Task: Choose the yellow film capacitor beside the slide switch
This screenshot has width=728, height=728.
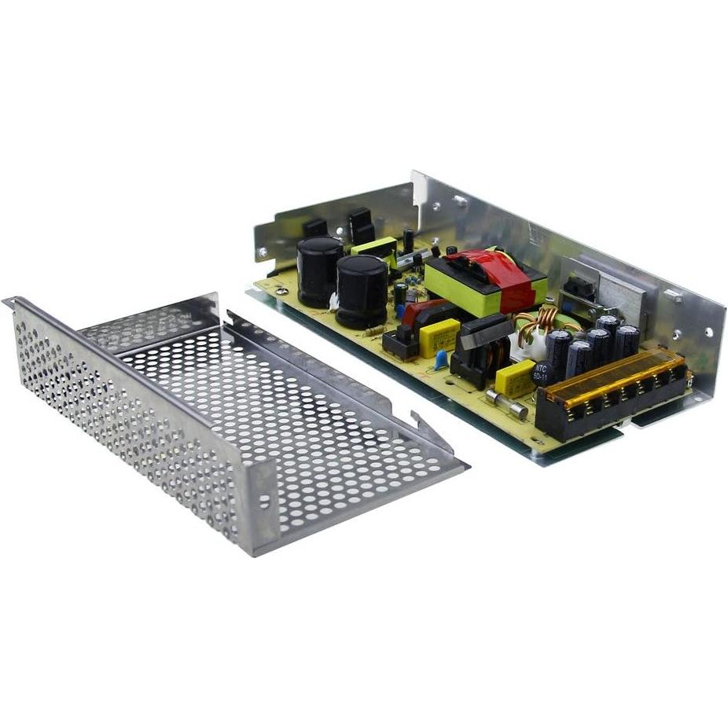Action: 439,336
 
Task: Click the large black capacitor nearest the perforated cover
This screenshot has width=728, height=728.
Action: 362,291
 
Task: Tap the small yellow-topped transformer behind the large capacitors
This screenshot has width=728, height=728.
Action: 376,250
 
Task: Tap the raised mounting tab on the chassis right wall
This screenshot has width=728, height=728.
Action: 673,296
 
